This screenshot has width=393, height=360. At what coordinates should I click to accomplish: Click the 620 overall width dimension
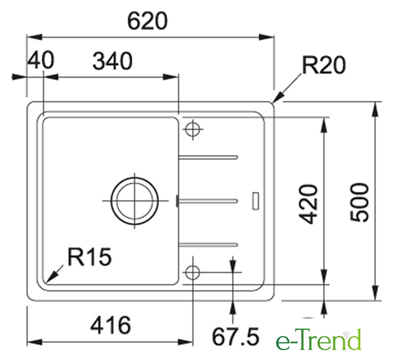pyautogui.click(x=147, y=21)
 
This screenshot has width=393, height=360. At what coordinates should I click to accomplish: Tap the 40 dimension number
pyautogui.click(x=41, y=60)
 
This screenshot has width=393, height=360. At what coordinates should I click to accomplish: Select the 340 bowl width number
pyautogui.click(x=113, y=61)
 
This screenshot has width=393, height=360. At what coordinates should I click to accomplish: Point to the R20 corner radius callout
pyautogui.click(x=324, y=65)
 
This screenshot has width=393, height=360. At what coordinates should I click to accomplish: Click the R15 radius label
pyautogui.click(x=90, y=256)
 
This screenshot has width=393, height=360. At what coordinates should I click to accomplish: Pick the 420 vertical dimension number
pyautogui.click(x=309, y=204)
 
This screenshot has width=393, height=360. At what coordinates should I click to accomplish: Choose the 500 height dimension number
pyautogui.click(x=360, y=202)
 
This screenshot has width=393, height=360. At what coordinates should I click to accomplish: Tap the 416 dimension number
pyautogui.click(x=110, y=325)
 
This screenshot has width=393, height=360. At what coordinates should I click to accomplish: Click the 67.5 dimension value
pyautogui.click(x=235, y=337)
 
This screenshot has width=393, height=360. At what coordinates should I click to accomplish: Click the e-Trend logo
pyautogui.click(x=318, y=339)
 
